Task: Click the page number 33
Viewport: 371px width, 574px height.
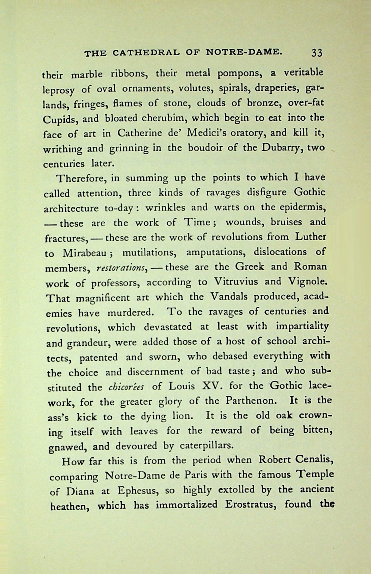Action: (317, 53)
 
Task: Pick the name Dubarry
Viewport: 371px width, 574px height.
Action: (276, 148)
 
